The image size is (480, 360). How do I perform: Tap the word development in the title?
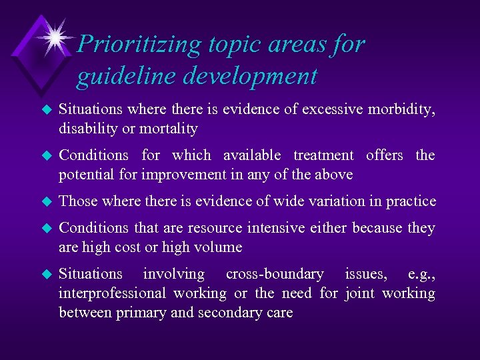click(250, 77)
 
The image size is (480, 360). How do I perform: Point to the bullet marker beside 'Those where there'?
click(46, 201)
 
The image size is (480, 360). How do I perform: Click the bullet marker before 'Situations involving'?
click(46, 274)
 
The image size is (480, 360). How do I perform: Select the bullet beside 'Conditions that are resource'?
click(46, 228)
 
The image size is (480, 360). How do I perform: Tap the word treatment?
click(323, 155)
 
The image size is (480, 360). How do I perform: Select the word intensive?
click(275, 228)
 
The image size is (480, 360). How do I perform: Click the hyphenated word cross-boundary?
click(275, 274)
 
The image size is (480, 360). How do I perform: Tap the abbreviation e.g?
click(421, 274)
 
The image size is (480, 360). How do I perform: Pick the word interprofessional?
click(113, 293)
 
